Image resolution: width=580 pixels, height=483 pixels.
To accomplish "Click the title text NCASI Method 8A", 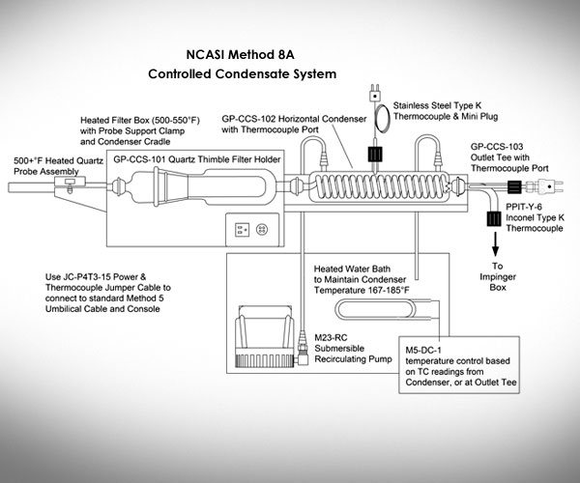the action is (x=240, y=55).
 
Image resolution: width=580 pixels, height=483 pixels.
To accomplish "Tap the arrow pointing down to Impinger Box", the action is (x=495, y=243).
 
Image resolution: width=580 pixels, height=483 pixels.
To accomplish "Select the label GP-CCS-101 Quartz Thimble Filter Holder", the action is (x=197, y=159).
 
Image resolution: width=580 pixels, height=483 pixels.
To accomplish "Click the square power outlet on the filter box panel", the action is (x=242, y=230).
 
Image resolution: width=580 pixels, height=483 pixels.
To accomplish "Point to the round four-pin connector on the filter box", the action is (x=262, y=230).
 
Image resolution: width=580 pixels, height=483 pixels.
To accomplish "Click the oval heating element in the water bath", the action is (x=375, y=310).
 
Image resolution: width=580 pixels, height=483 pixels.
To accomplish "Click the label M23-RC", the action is (x=331, y=337).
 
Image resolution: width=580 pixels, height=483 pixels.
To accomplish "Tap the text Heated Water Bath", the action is (x=352, y=269).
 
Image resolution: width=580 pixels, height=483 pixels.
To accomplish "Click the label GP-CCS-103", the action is (x=497, y=147).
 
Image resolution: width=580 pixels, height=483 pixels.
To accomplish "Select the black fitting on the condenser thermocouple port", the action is (x=375, y=155).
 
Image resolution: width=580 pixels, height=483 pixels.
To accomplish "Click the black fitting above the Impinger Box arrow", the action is (x=494, y=218).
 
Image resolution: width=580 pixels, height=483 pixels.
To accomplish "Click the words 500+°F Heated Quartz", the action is (x=58, y=161).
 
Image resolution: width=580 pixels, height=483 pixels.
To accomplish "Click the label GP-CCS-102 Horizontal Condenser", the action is (x=294, y=119).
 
